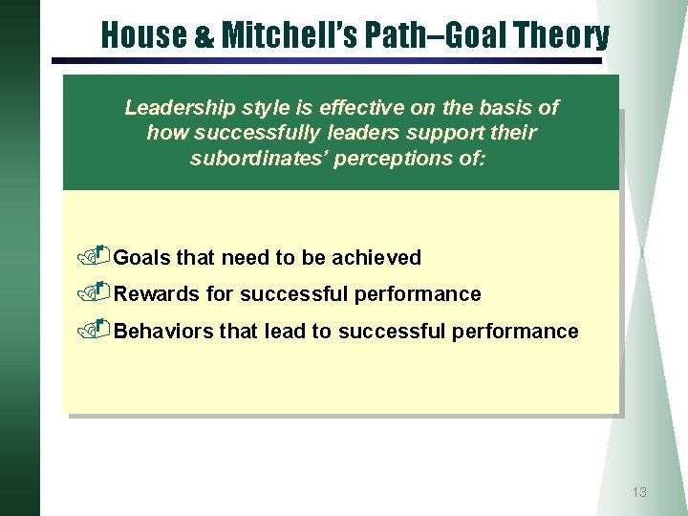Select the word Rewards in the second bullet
pyautogui.click(x=157, y=294)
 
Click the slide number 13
pyautogui.click(x=639, y=492)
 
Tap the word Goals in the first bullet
pyautogui.click(x=142, y=258)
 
